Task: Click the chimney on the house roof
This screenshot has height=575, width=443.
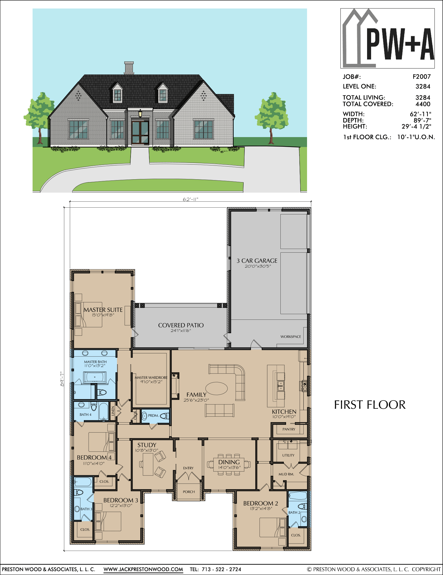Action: tap(129, 68)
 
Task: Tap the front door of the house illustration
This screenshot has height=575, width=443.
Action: tap(140, 133)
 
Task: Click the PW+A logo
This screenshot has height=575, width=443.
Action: tap(387, 38)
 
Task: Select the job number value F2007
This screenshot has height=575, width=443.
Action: tap(421, 77)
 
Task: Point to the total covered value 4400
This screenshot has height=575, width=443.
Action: tap(423, 104)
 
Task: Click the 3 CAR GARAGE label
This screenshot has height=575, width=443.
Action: tap(257, 261)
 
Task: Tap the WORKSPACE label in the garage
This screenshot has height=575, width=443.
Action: tap(291, 337)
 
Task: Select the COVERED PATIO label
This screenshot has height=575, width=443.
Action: tap(181, 325)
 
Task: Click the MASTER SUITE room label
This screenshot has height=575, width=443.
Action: tap(103, 310)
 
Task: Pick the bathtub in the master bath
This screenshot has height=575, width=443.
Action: tap(95, 377)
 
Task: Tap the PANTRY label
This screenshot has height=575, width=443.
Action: tap(289, 429)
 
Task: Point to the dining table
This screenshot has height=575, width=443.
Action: tap(229, 464)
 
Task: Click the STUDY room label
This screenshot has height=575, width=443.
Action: tap(147, 445)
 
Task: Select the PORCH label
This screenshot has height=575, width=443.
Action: tap(189, 492)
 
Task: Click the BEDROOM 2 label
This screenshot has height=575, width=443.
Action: tap(261, 503)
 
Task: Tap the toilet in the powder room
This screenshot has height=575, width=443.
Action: tap(165, 416)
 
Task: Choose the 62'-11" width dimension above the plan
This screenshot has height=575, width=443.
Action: tap(190, 199)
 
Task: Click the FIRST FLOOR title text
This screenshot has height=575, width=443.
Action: tap(370, 405)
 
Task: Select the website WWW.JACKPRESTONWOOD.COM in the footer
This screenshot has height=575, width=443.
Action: tap(143, 569)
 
